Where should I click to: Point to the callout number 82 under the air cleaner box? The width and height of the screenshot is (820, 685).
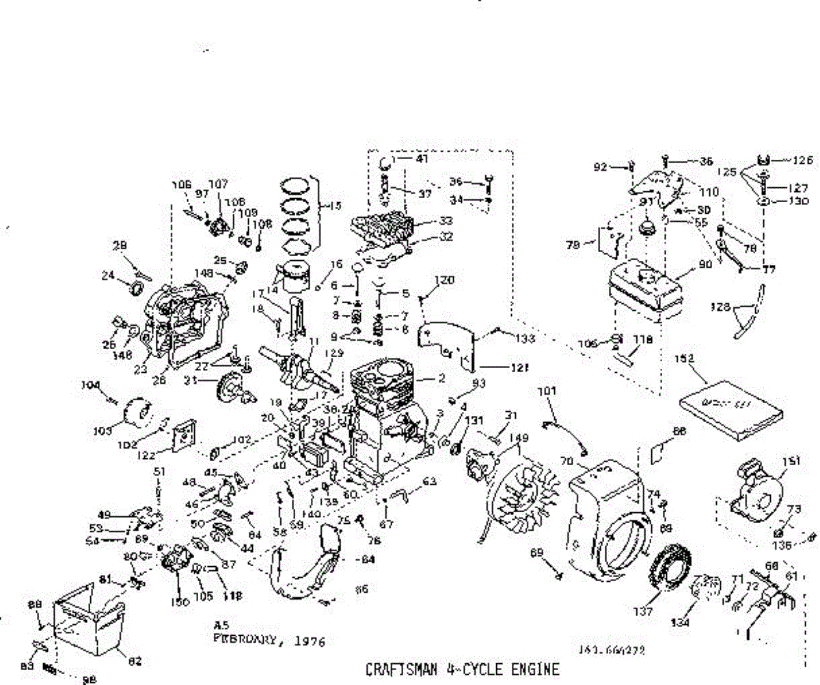[135, 660]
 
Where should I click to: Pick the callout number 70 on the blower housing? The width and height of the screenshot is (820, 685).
[566, 462]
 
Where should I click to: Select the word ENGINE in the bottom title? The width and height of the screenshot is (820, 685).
[534, 669]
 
